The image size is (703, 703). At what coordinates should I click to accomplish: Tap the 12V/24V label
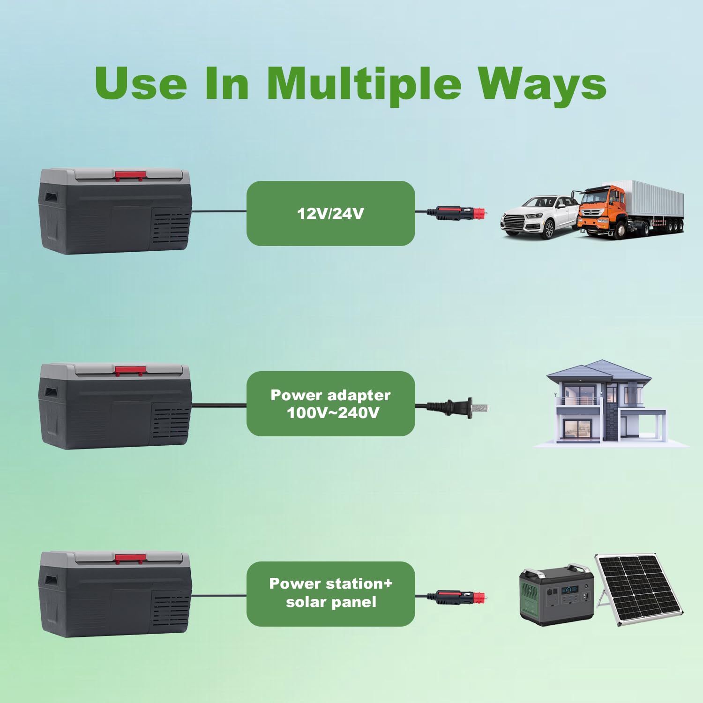[x=330, y=214]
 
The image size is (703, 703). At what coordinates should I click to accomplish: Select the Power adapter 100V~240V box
[x=331, y=404]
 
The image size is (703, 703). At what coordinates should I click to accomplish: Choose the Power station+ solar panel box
[x=331, y=594]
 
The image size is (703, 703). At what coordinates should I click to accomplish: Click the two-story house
[x=609, y=403]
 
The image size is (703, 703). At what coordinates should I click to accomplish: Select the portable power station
[x=557, y=595]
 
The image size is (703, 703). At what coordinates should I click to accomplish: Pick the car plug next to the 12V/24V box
[x=462, y=213]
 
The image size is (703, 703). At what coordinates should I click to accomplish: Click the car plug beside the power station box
[x=462, y=598]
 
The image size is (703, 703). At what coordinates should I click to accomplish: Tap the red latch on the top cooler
[x=130, y=176]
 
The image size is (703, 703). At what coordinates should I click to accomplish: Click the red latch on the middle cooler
[x=130, y=371]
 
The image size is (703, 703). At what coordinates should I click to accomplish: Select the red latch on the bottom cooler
[x=130, y=559]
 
